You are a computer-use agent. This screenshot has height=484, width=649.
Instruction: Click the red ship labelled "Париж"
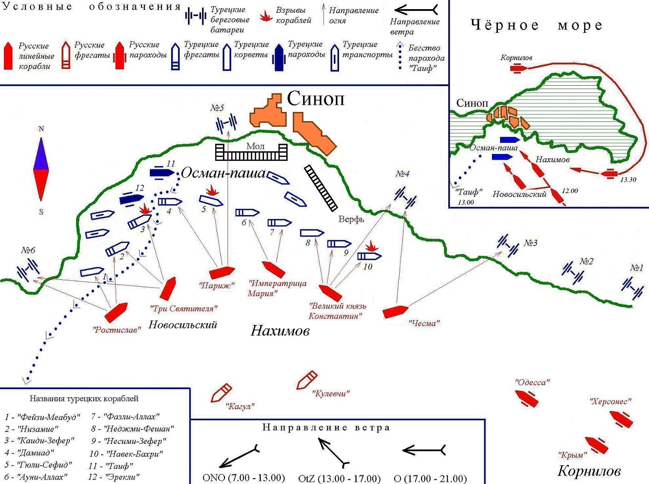(222, 272)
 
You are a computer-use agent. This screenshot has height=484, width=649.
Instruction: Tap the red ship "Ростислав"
(116, 312)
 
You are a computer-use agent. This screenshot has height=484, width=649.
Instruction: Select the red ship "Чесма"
(395, 311)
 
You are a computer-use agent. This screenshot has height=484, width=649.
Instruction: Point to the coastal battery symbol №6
(28, 270)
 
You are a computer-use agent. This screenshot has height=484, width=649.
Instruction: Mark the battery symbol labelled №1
(633, 288)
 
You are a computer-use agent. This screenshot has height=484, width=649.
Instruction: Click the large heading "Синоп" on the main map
(315, 98)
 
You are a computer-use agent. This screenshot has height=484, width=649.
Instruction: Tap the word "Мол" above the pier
(255, 146)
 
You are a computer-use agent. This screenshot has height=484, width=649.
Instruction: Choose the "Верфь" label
(351, 219)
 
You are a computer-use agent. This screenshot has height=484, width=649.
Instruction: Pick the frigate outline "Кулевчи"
(307, 380)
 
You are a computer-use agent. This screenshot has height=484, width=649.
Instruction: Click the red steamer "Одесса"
(527, 398)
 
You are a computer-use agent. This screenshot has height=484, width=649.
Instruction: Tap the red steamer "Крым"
(597, 445)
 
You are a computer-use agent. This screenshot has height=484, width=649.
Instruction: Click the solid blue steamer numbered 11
(162, 173)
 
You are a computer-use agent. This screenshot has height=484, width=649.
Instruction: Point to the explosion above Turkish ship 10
(372, 247)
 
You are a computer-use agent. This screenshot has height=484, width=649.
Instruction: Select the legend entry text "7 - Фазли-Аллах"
(125, 417)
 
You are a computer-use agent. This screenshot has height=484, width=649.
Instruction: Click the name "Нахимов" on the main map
(280, 330)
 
